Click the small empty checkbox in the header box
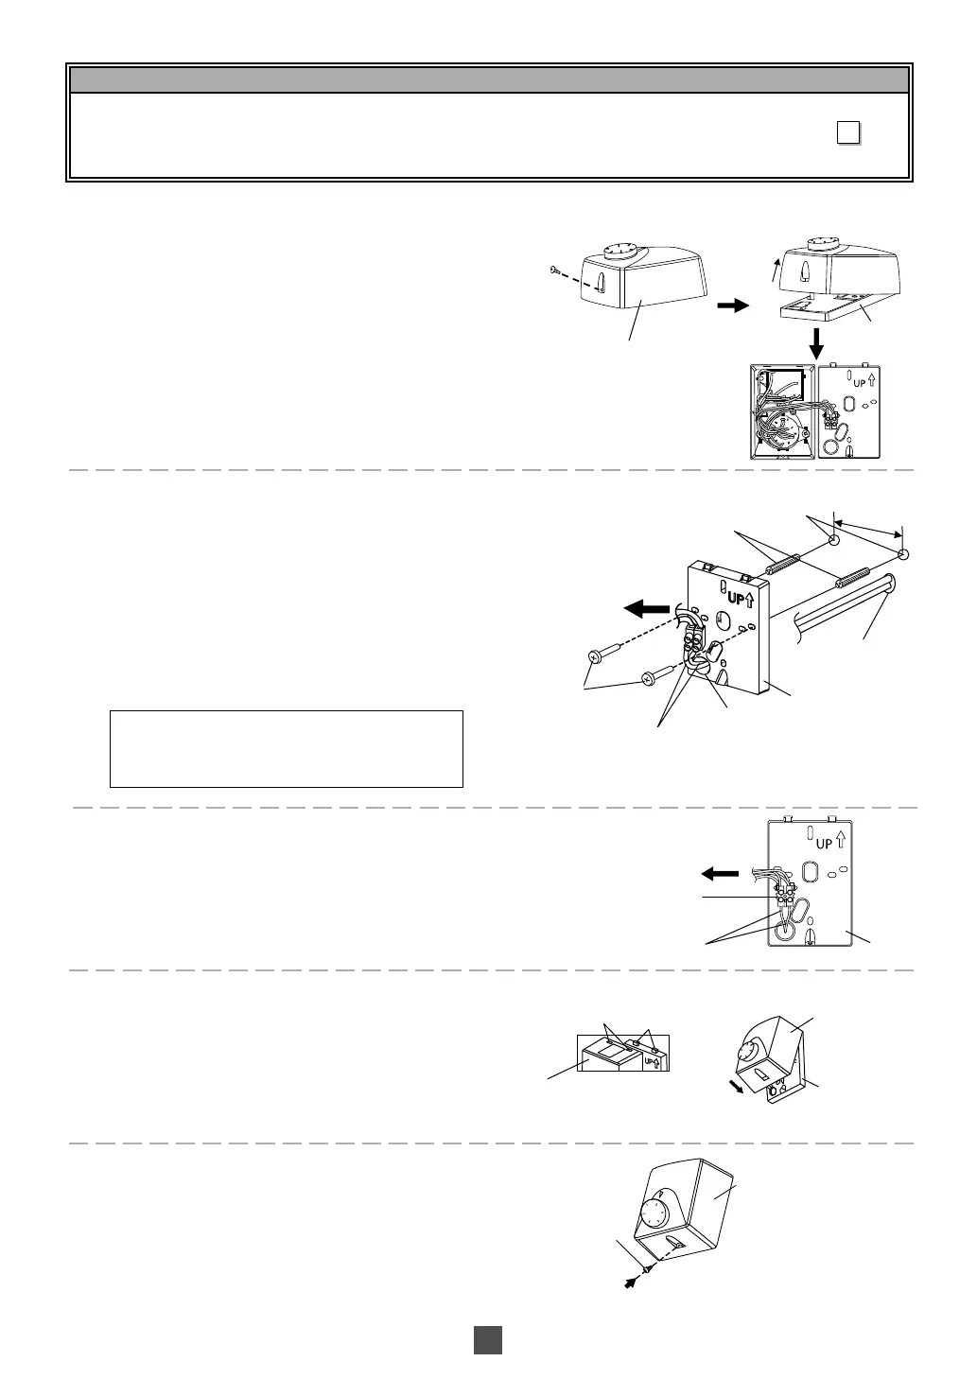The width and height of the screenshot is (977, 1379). pos(848,134)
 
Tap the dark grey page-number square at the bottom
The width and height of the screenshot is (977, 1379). pos(487,1339)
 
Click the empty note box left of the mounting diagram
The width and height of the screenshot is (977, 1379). pos(286,748)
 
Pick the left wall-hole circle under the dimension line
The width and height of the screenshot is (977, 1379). pos(834,541)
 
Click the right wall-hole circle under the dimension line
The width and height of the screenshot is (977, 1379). pos(903,554)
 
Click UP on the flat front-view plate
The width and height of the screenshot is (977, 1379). pos(825,843)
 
